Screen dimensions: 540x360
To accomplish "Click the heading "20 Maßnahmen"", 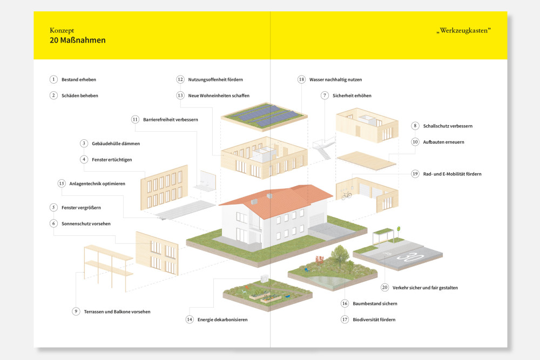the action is coord(77,40).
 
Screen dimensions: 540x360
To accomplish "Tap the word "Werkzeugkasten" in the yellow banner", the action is coord(464,31).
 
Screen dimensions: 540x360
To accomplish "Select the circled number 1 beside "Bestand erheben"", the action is coord(53,79).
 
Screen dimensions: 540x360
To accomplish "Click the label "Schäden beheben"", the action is coord(80,96).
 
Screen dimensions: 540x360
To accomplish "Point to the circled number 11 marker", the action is coord(135,119).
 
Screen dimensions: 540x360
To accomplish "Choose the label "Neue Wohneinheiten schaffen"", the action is coord(219,96).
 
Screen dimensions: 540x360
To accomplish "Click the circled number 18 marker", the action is coord(301,79).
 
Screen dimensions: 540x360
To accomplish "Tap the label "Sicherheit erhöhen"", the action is coord(352,96).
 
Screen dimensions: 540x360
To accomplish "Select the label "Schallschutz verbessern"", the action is coord(448,126).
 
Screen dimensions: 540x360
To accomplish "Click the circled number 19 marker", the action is coord(415,174).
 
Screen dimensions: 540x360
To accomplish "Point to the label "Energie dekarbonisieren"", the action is coord(222,320).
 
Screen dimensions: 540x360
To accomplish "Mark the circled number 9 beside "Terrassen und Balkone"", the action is coord(76,311).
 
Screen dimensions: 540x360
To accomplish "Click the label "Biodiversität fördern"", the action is coord(374,320).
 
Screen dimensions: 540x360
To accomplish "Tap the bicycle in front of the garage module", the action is coord(347,195).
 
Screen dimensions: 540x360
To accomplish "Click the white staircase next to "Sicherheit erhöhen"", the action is coord(323,148).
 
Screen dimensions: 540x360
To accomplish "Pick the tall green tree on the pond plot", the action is coord(340,255).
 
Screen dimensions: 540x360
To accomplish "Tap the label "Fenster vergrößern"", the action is coord(82,208).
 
